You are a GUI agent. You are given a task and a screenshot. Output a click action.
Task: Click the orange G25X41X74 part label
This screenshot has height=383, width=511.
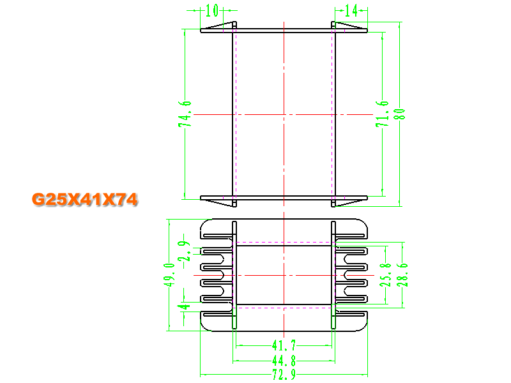pyautogui.click(x=84, y=199)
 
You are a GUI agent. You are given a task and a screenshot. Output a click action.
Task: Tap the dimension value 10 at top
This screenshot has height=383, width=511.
pyautogui.click(x=212, y=10)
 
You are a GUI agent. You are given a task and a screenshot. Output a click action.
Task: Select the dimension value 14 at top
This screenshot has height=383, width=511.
pyautogui.click(x=351, y=11)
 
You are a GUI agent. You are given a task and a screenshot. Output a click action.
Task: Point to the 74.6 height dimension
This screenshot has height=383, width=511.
pyautogui.click(x=185, y=114)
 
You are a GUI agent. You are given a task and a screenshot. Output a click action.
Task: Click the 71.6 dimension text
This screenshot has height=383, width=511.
pyautogui.click(x=382, y=114)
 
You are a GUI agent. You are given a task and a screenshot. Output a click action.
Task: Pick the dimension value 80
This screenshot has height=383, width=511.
pyautogui.click(x=400, y=114)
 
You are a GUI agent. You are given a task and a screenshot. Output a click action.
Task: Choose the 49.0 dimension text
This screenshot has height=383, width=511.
pyautogui.click(x=169, y=275)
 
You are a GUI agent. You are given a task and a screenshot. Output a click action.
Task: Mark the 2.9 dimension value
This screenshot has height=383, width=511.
pyautogui.click(x=183, y=251)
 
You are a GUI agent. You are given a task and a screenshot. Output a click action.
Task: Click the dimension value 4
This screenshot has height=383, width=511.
pyautogui.click(x=183, y=306)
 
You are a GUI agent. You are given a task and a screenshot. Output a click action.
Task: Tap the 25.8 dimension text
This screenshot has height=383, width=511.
pyautogui.click(x=386, y=275)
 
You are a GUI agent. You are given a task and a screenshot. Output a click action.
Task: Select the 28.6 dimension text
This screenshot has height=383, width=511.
pyautogui.click(x=402, y=275)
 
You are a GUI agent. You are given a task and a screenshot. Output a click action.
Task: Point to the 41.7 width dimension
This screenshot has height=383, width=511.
pyautogui.click(x=284, y=345)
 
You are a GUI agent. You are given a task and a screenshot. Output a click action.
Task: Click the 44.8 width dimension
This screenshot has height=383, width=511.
pyautogui.click(x=284, y=361)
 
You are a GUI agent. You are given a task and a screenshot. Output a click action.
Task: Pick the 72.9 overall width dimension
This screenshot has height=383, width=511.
pyautogui.click(x=284, y=375)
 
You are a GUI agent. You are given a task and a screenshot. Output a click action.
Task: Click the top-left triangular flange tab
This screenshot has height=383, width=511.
pyautogui.click(x=220, y=26)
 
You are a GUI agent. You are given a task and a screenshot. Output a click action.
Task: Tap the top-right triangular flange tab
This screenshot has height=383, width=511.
pyautogui.click(x=349, y=26)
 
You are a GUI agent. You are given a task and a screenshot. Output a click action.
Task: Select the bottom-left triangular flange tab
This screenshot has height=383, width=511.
pyautogui.click(x=220, y=202)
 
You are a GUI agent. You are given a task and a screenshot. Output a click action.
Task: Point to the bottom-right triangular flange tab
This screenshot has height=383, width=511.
pyautogui.click(x=349, y=202)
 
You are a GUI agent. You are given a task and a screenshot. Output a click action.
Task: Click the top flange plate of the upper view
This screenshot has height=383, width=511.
pyautogui.click(x=284, y=31)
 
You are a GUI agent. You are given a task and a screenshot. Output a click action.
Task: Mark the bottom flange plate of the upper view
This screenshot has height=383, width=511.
pyautogui.click(x=284, y=198)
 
